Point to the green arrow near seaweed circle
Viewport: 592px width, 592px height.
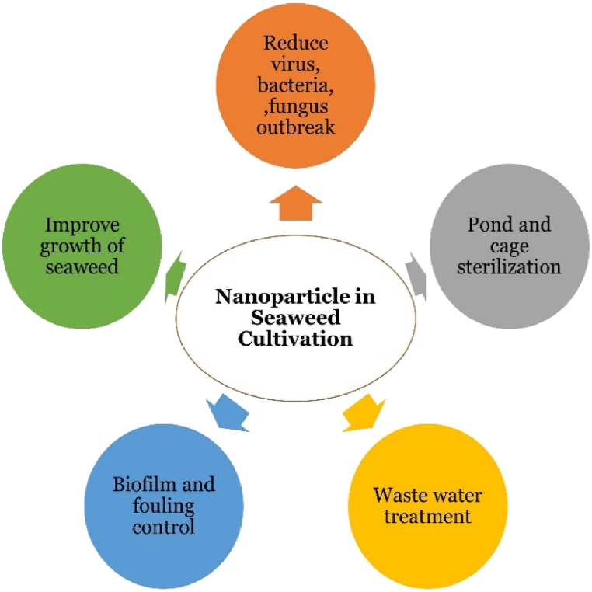(176, 274)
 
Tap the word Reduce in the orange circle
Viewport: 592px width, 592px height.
(296, 43)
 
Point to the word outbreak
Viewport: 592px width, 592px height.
(296, 127)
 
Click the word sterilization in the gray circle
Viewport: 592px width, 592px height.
(509, 266)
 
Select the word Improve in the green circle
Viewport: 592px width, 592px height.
(82, 225)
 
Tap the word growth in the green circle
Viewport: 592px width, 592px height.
(74, 246)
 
